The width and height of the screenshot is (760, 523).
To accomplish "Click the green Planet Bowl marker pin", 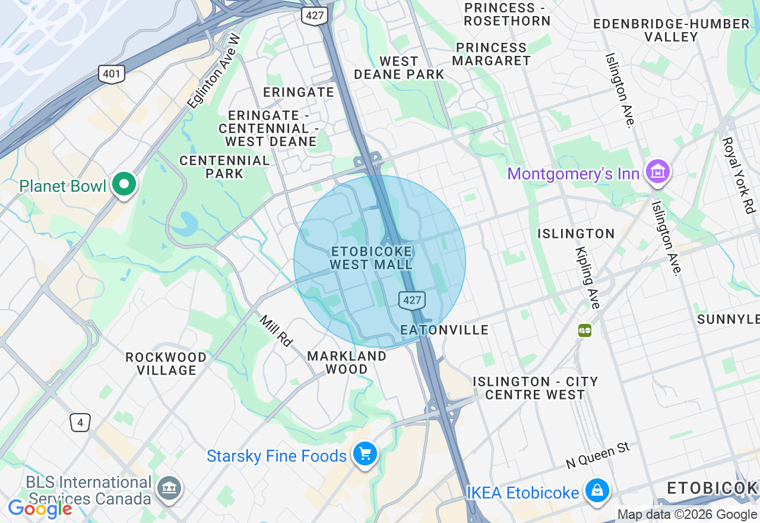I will click(x=123, y=185).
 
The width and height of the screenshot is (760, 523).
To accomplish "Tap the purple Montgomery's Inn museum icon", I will click(x=657, y=172).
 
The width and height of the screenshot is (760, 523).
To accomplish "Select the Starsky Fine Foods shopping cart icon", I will click(x=365, y=455).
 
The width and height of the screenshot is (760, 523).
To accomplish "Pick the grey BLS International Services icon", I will click(x=169, y=489).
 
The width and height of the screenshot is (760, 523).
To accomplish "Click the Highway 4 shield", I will click(x=80, y=423).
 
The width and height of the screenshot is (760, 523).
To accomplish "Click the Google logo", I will click(x=40, y=509).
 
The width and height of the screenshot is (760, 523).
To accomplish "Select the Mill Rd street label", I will click(x=277, y=330).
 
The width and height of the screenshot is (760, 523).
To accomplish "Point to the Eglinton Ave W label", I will click(x=214, y=71).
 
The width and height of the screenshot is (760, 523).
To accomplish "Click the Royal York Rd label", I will click(x=738, y=175).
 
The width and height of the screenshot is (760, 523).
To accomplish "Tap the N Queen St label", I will click(x=597, y=455).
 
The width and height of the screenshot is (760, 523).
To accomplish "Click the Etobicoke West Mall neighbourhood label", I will click(x=372, y=258).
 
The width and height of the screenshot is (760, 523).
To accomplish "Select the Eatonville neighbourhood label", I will click(x=444, y=330).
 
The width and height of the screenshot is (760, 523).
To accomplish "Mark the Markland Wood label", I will click(x=347, y=363).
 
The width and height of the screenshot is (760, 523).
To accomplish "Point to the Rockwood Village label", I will click(x=166, y=364).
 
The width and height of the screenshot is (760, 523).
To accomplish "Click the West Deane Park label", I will click(x=399, y=68).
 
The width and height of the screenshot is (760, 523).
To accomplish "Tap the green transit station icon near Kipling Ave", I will click(x=585, y=330).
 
